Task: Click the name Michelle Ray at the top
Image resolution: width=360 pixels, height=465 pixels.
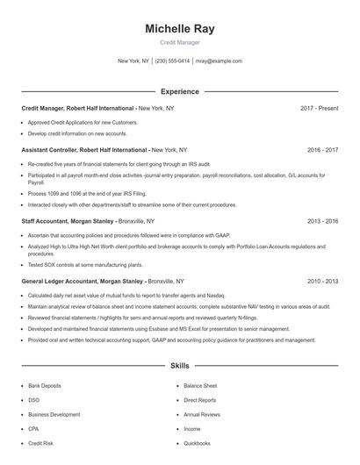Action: (179, 29)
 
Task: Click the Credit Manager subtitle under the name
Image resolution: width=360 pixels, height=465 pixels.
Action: (179, 42)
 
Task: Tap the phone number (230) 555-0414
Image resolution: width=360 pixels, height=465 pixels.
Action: (174, 61)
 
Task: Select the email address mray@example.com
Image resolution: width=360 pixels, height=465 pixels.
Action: (219, 61)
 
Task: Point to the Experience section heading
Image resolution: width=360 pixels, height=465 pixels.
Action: (179, 91)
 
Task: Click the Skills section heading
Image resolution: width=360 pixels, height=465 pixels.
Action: (179, 364)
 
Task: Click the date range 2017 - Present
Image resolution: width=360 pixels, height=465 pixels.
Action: (319, 108)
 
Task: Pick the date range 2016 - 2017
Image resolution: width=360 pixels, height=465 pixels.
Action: (321, 150)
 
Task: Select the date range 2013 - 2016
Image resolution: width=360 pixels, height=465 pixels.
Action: (321, 222)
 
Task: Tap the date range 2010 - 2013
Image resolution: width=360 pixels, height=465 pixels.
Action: (321, 282)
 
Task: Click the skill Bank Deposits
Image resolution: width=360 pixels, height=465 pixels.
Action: (45, 385)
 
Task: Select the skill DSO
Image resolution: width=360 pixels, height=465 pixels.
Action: (32, 399)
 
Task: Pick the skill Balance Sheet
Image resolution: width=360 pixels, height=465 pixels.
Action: (200, 385)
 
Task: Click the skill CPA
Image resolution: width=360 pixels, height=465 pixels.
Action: (33, 429)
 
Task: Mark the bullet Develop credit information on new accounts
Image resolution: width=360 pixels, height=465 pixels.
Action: (77, 133)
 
